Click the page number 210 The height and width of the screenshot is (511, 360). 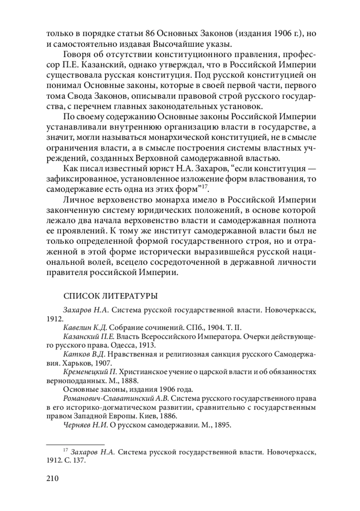click(52, 478)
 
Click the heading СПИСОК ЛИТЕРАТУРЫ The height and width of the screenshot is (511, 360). click(111, 296)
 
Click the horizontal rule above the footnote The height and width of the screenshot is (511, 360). click(75, 444)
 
